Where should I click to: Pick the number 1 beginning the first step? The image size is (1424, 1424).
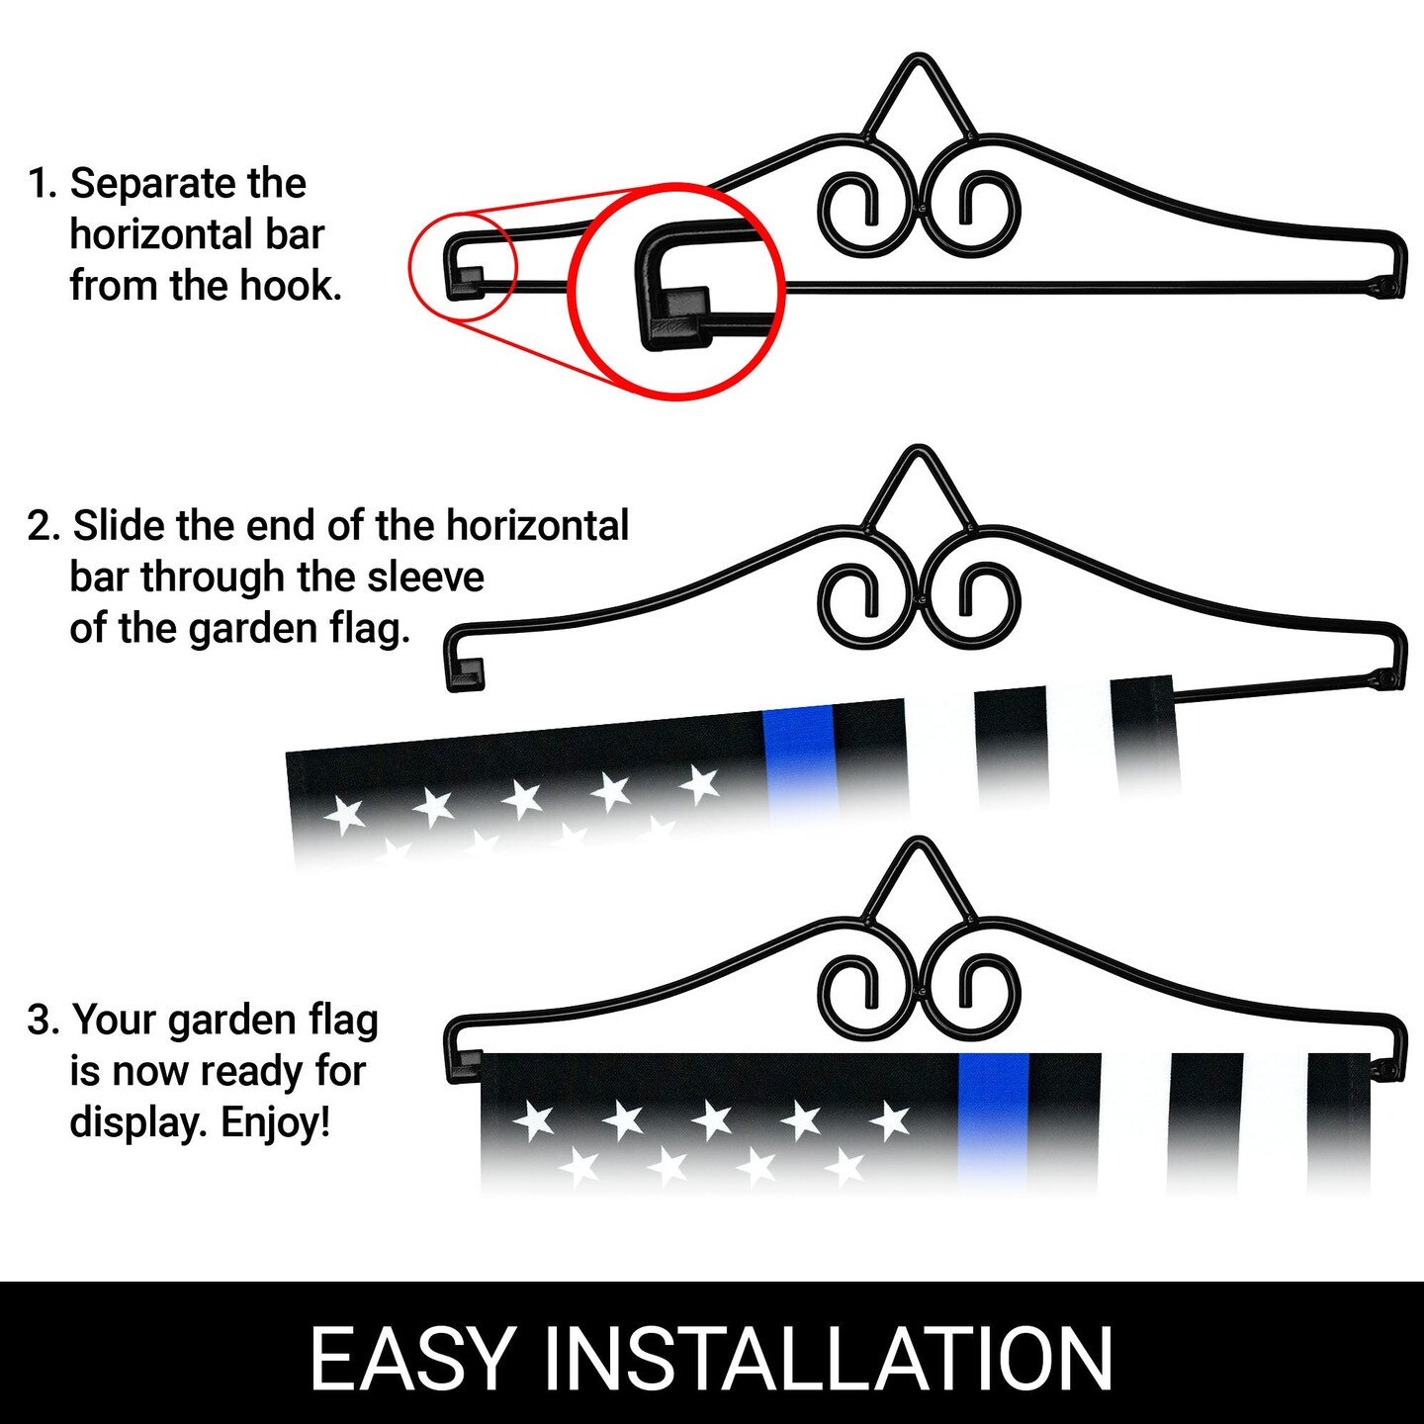click(36, 183)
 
